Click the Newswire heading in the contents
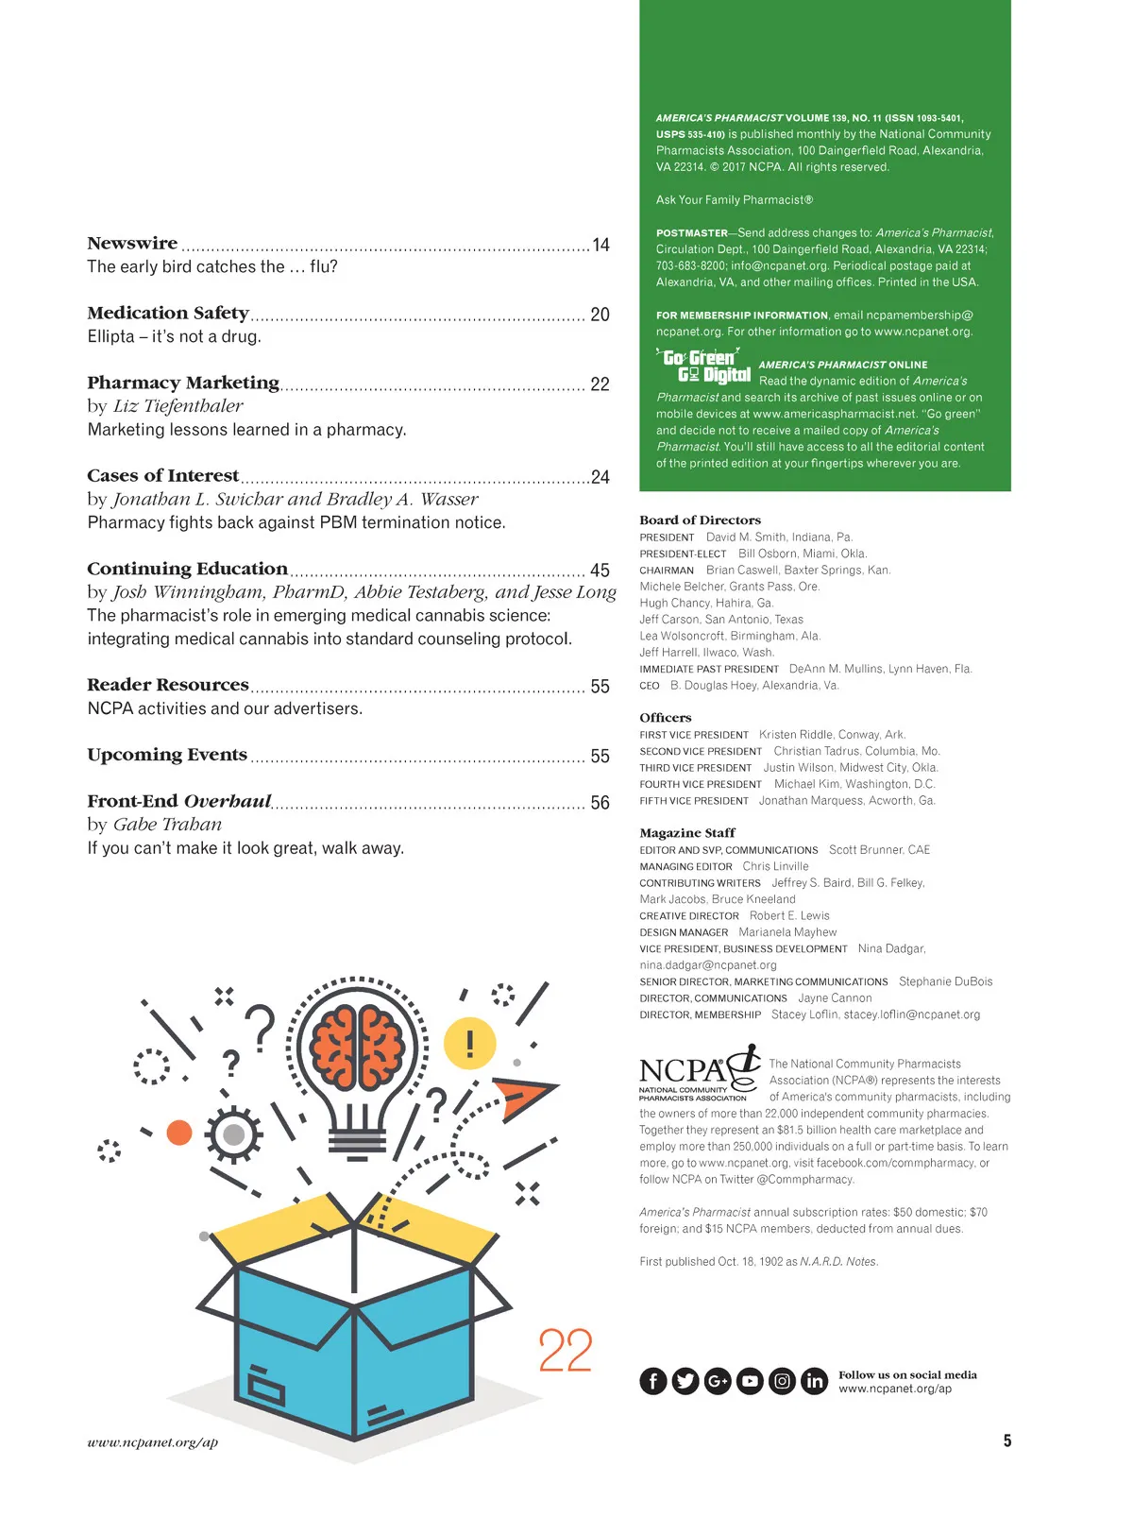(132, 244)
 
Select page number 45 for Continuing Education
(600, 571)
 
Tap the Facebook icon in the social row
(653, 1381)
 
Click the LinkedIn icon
(814, 1381)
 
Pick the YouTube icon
(750, 1381)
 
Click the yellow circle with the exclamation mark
(470, 1044)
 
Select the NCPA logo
(698, 1074)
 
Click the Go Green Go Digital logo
(703, 366)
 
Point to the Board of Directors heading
(700, 520)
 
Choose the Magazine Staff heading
(686, 833)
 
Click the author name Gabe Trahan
(167, 825)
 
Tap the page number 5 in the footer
(1007, 1440)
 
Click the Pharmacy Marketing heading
(183, 383)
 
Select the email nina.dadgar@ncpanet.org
(708, 965)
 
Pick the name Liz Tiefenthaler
(178, 406)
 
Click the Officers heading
(665, 718)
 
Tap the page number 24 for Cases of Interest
(600, 477)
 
